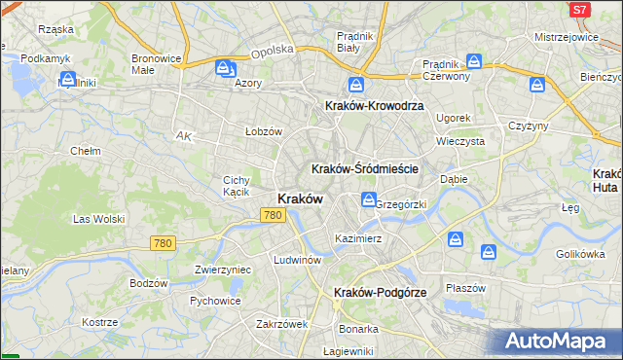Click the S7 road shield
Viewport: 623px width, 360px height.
click(580, 10)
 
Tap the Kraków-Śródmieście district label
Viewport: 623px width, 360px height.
click(365, 168)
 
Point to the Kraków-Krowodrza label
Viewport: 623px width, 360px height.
click(366, 106)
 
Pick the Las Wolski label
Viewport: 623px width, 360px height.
click(96, 219)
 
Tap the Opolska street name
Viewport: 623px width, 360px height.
click(272, 52)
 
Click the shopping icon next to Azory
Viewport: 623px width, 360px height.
click(225, 69)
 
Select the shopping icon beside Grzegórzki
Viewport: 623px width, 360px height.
click(369, 200)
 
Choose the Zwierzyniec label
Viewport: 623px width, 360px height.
click(223, 270)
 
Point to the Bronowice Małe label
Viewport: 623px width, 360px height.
click(157, 64)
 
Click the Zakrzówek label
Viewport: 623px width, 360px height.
click(281, 324)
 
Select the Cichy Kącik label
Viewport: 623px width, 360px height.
click(238, 186)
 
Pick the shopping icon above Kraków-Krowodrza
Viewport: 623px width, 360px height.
click(357, 85)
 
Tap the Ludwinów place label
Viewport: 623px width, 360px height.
click(298, 260)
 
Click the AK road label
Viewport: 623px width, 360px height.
click(183, 137)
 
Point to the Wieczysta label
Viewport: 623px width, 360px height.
click(460, 140)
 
